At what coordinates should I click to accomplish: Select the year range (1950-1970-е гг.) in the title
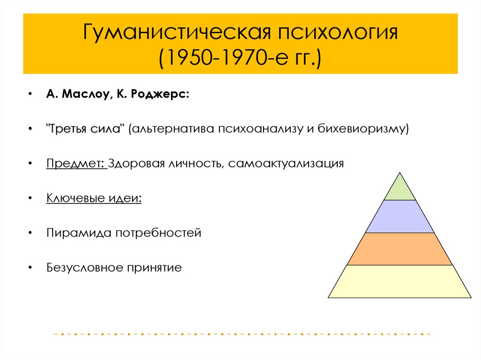click(x=240, y=60)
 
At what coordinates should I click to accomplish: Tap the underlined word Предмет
click(x=75, y=164)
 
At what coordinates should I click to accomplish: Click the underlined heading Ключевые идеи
click(x=94, y=198)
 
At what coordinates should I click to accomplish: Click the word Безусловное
click(x=84, y=268)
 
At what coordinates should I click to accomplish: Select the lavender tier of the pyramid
click(x=400, y=216)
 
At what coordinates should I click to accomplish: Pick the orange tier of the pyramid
click(x=400, y=249)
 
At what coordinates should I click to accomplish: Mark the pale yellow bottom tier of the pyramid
click(x=400, y=282)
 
